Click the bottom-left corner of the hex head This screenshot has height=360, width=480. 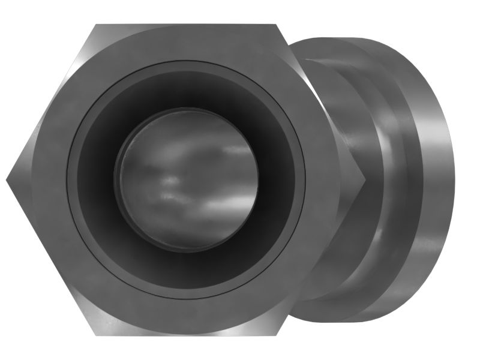[x=96, y=334]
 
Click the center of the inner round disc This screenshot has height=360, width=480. [x=187, y=180]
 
